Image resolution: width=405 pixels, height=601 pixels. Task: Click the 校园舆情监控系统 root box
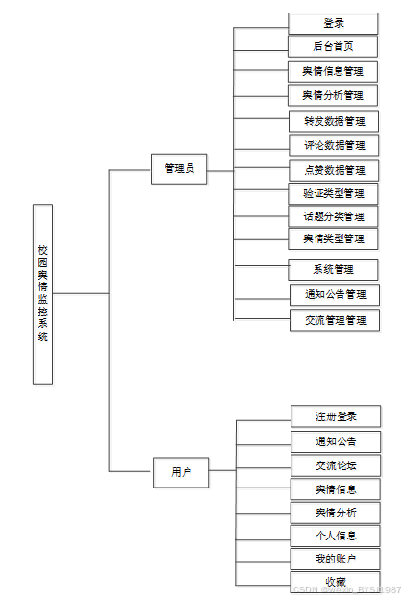click(x=42, y=293)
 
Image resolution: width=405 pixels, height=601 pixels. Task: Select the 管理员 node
click(x=178, y=168)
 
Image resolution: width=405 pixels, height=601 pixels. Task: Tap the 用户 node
click(x=181, y=472)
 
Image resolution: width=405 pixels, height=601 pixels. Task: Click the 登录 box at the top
click(x=333, y=23)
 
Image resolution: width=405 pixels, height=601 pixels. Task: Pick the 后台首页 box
click(x=333, y=46)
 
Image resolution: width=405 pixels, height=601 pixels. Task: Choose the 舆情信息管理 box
click(x=333, y=71)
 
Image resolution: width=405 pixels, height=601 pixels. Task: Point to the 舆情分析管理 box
click(x=333, y=95)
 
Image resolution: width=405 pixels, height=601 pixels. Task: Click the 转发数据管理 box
click(x=334, y=121)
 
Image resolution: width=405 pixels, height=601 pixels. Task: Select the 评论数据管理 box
click(x=334, y=145)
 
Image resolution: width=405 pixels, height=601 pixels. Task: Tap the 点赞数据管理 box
click(x=334, y=170)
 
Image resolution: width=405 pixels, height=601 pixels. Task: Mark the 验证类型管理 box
click(x=333, y=192)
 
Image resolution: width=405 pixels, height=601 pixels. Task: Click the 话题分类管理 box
click(x=333, y=216)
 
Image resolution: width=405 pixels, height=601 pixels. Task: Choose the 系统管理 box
click(x=333, y=269)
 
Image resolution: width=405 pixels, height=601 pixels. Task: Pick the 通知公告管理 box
click(x=335, y=294)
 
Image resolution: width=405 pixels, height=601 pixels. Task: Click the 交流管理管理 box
click(x=335, y=320)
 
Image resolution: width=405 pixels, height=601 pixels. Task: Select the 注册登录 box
click(x=336, y=416)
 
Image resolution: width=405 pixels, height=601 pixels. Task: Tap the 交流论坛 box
click(x=336, y=465)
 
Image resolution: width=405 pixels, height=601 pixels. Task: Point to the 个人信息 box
click(x=336, y=536)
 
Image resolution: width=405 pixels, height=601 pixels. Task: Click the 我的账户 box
click(x=336, y=560)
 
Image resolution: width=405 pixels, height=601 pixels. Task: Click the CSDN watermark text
click(x=346, y=590)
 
